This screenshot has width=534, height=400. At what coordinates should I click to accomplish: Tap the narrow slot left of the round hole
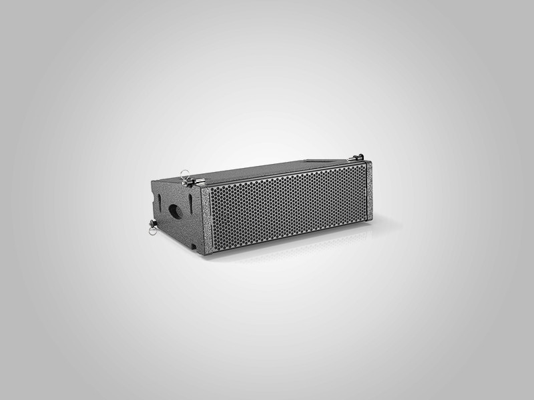[162, 201]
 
